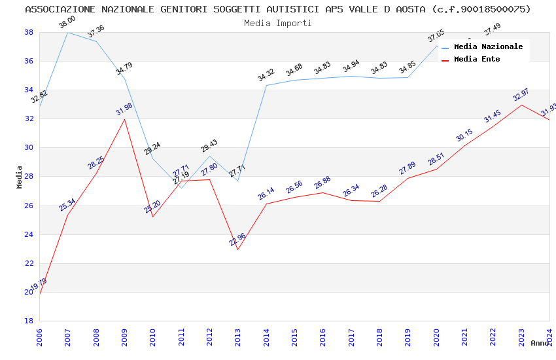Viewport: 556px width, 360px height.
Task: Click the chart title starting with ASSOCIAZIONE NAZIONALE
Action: tap(278, 9)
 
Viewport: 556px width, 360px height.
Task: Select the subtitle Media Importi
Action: tap(278, 23)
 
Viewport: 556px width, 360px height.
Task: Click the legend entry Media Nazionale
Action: tap(488, 46)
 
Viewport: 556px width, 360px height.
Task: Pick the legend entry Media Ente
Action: tap(477, 59)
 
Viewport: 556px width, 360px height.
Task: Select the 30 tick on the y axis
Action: tap(29, 148)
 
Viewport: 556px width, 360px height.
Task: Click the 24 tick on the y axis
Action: tap(29, 234)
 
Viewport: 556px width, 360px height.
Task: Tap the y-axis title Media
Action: tap(19, 177)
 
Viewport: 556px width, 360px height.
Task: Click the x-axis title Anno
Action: tap(540, 343)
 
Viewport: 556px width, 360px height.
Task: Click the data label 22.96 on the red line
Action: tap(237, 240)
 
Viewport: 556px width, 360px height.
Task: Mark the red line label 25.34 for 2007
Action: tap(67, 205)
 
